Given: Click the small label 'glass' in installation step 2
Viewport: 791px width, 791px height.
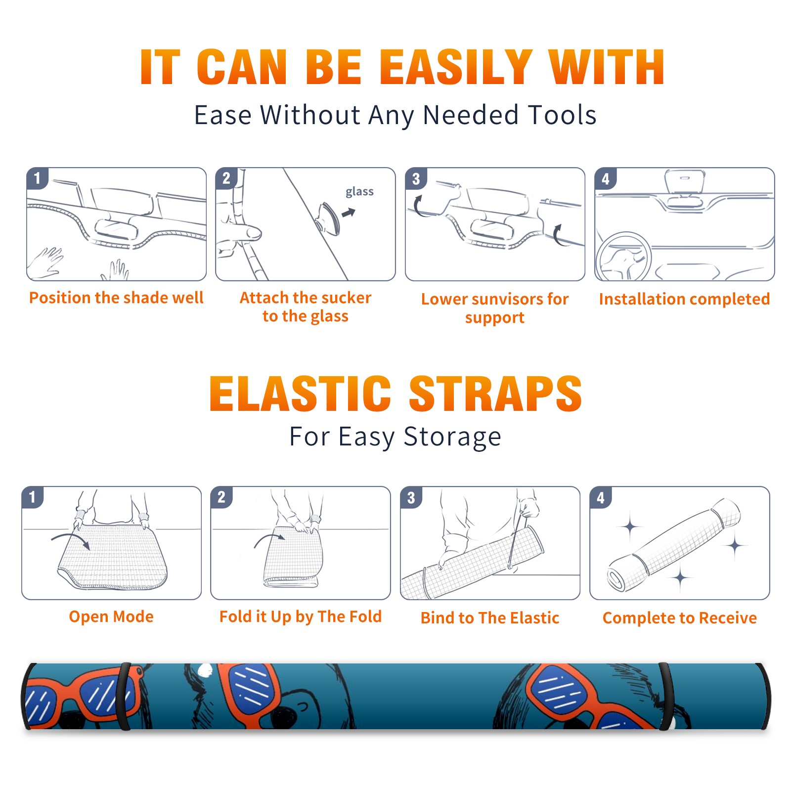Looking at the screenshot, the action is click(359, 192).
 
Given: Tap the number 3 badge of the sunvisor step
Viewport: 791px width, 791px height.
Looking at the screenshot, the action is click(416, 179).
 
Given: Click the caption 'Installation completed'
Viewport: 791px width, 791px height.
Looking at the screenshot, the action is click(684, 299).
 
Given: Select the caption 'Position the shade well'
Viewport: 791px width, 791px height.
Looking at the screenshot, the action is click(116, 298).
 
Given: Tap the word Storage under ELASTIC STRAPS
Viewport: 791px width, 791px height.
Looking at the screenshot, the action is click(452, 437).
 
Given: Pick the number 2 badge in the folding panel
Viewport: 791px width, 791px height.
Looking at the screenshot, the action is click(221, 497).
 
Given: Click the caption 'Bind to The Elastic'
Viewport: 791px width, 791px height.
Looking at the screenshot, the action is click(490, 618).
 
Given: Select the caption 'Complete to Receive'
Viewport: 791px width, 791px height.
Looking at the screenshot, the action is click(680, 618).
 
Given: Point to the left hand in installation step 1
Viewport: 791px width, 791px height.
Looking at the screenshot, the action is click(45, 262).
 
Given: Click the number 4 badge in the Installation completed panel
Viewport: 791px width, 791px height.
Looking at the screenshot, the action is click(605, 179).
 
